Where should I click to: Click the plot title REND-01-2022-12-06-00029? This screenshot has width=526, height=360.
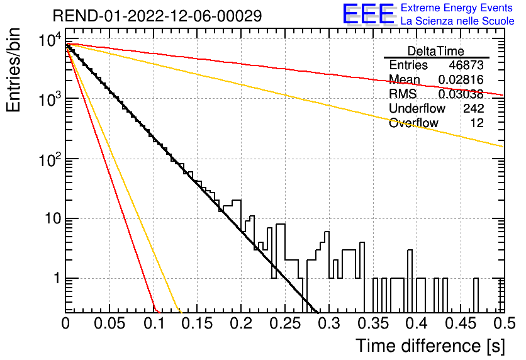click(157, 16)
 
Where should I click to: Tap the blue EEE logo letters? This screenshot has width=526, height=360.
click(369, 14)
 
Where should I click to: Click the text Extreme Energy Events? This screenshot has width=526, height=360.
click(457, 8)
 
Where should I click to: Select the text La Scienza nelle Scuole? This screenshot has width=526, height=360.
click(457, 21)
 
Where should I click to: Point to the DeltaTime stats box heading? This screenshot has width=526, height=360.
click(436, 51)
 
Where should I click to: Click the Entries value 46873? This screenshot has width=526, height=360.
click(466, 65)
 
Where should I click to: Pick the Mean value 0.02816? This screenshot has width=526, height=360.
click(461, 80)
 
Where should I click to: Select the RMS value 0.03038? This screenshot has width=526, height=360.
click(461, 94)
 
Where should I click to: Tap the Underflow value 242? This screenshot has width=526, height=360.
click(474, 108)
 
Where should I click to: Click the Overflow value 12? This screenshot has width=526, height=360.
click(477, 123)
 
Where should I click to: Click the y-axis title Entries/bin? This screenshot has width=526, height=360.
click(13, 70)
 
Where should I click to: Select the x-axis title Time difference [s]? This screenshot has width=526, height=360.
click(430, 346)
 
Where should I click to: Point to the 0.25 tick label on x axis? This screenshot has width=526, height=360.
click(285, 323)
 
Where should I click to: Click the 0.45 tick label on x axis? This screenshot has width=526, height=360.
click(461, 323)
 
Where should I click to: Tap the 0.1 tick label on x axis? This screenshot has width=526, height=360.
click(155, 323)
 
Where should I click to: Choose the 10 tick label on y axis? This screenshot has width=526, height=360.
click(52, 219)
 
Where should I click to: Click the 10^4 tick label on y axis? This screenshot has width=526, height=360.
click(50, 40)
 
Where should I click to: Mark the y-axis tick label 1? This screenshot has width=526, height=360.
click(57, 278)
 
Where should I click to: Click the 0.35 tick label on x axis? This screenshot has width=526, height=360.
click(373, 323)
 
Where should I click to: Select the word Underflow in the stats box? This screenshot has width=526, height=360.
click(417, 108)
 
